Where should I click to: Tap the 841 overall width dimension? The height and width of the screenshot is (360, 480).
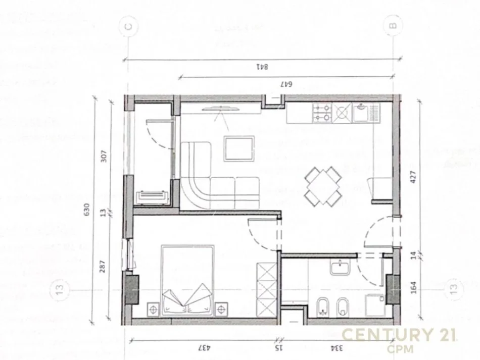click(x=261, y=66)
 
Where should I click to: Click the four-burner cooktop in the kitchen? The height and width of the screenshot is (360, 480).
click(x=322, y=114)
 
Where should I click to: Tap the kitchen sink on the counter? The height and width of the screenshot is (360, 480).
click(x=362, y=113)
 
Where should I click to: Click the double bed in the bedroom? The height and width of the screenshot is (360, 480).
click(x=187, y=280)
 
